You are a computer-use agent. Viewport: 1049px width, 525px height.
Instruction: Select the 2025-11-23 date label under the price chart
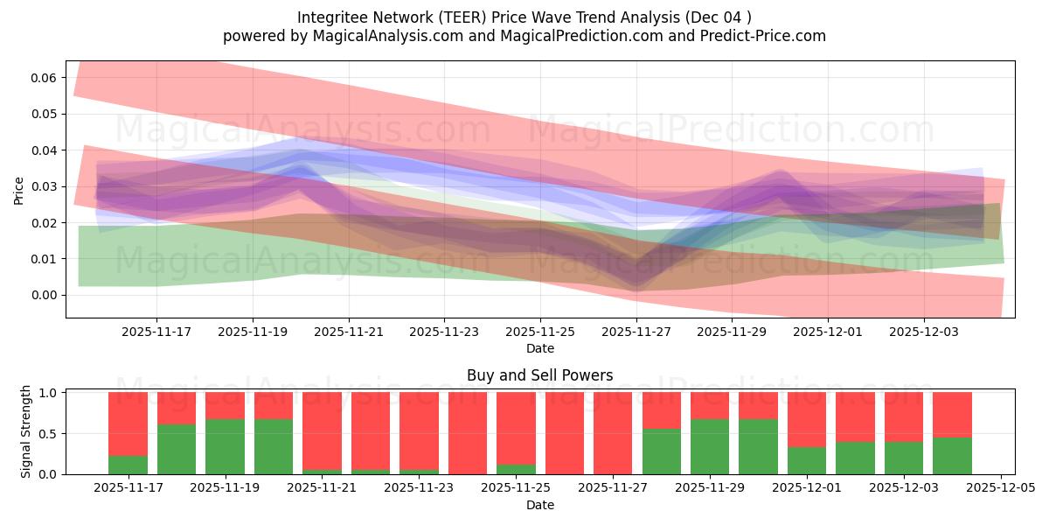point(444,332)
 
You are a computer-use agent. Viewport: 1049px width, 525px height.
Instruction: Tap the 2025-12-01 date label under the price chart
point(828,332)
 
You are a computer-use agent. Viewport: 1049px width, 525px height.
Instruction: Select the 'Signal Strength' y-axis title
point(26,431)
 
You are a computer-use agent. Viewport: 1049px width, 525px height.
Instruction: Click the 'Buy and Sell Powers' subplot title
point(539,375)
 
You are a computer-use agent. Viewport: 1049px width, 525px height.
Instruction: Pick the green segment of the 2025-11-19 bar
point(225,446)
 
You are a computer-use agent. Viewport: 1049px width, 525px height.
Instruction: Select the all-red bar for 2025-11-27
point(612,433)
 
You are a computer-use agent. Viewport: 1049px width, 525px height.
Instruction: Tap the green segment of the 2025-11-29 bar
point(709,446)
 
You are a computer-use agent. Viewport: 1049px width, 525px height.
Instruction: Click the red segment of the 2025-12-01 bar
point(806,419)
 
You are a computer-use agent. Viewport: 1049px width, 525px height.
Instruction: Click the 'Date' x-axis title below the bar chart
point(539,505)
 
